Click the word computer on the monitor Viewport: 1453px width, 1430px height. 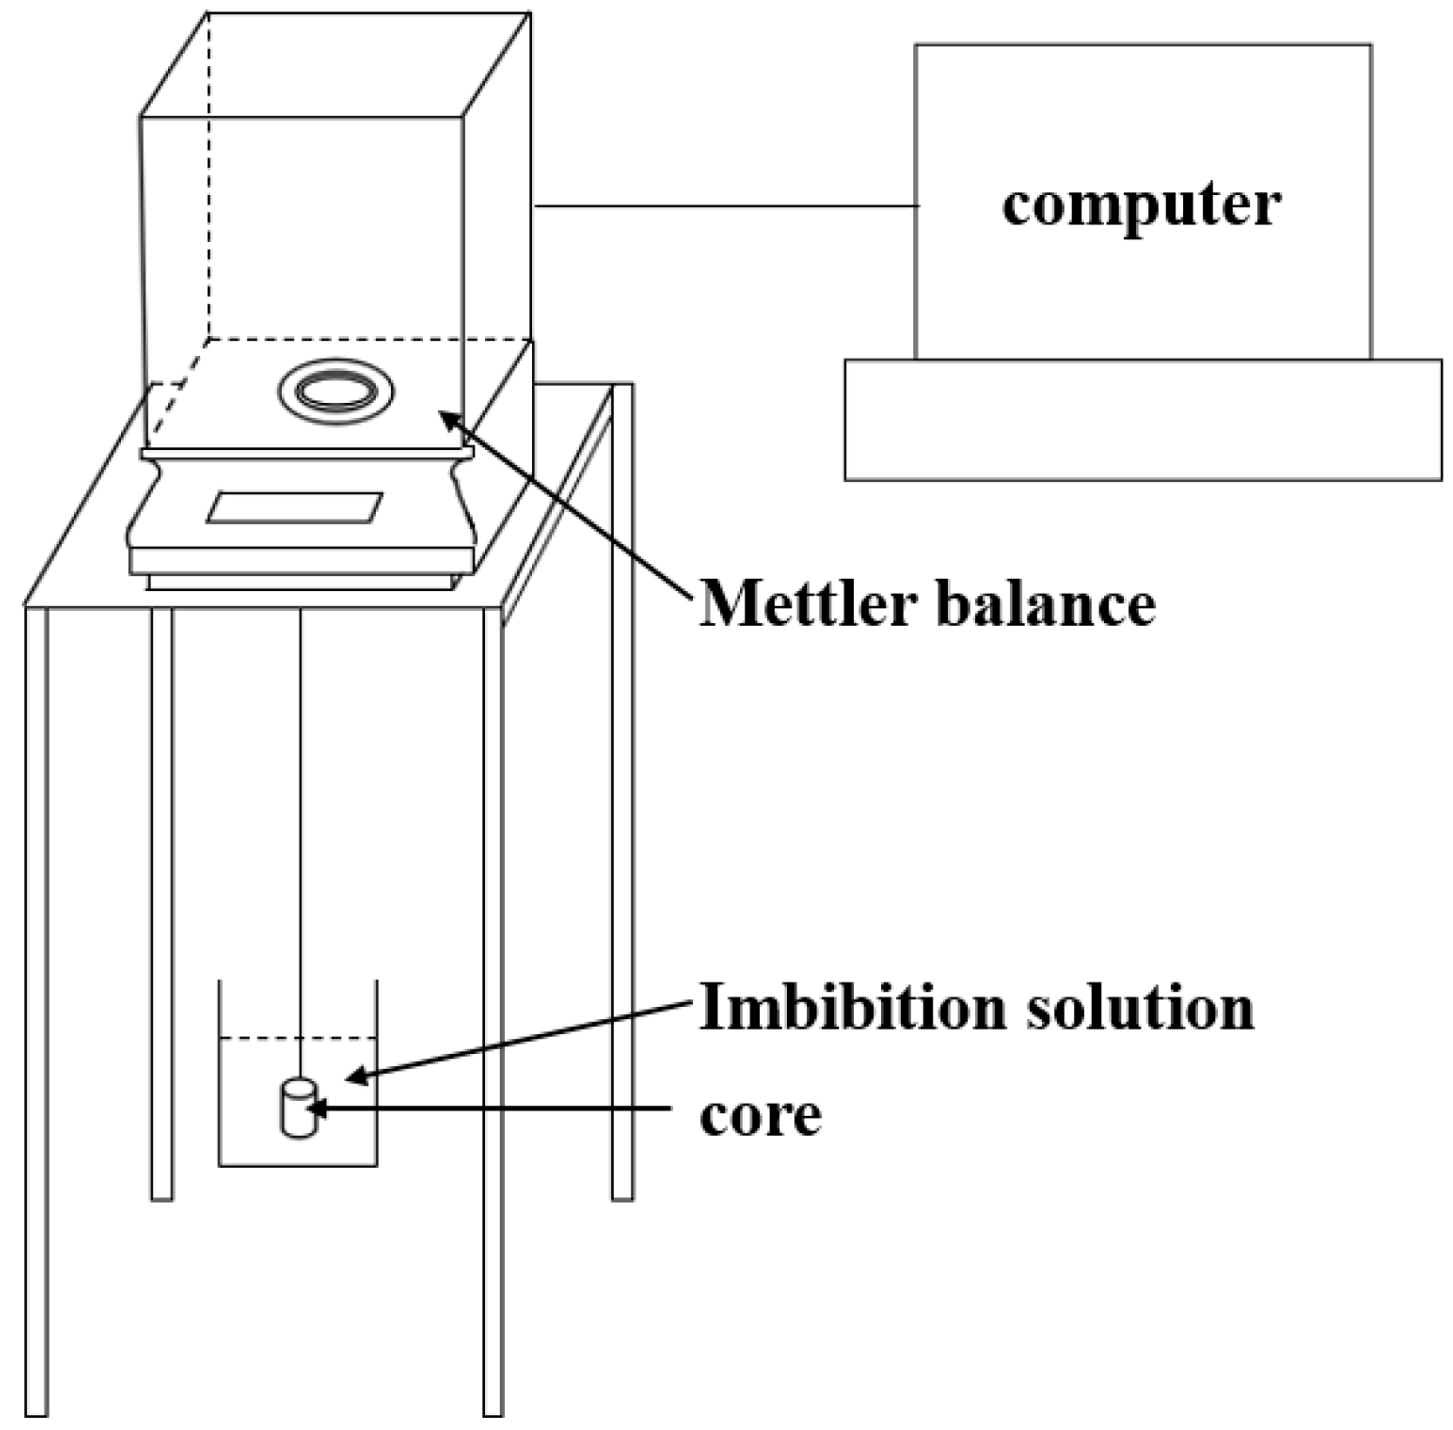[1140, 205]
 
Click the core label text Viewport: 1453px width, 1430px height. [760, 1116]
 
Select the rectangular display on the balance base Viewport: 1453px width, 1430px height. [294, 507]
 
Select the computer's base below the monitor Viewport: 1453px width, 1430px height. [1142, 419]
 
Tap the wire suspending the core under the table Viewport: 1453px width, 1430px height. [300, 783]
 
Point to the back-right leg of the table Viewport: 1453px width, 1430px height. [622, 870]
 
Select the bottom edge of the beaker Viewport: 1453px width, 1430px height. [298, 1165]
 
